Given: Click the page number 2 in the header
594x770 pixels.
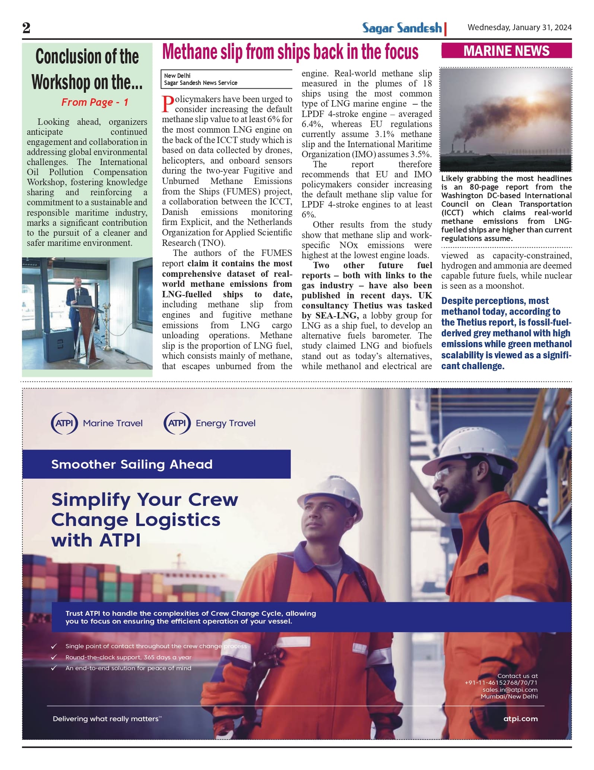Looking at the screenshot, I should click(26, 28).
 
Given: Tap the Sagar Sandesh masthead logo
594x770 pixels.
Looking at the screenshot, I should click(402, 28).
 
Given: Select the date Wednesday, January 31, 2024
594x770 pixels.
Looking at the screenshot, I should click(520, 28).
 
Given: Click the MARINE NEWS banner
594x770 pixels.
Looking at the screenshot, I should click(506, 51).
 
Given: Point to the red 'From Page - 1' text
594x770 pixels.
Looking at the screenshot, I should click(95, 102).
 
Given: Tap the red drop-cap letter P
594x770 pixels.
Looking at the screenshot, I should click(168, 104).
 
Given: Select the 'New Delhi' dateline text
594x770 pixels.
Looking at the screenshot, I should click(177, 76).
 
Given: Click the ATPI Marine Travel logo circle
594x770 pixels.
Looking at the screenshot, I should click(64, 423).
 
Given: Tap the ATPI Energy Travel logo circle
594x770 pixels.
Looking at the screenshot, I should click(177, 423).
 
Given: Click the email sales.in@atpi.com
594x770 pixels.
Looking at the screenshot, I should click(510, 690).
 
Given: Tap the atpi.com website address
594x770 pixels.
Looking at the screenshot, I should click(520, 719).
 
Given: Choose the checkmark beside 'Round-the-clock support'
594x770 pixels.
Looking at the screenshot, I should click(54, 657).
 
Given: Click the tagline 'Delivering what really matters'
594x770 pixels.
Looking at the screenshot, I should click(107, 719).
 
